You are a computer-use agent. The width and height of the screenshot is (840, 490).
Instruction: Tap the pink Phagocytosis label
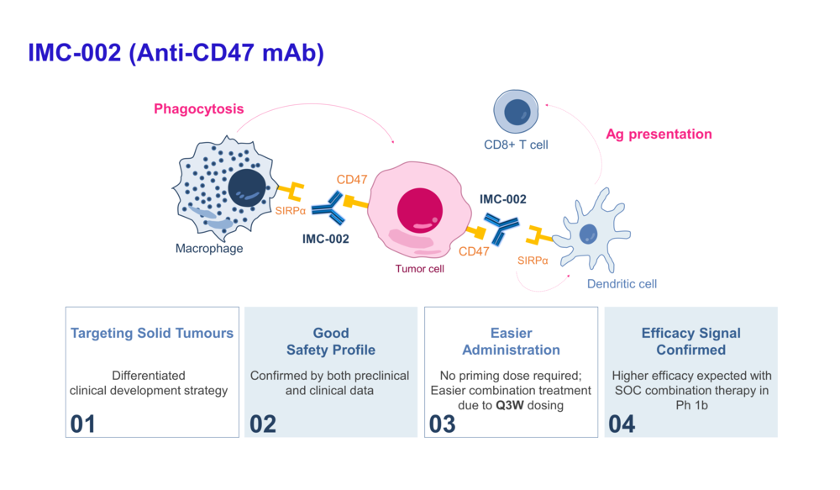(x=198, y=108)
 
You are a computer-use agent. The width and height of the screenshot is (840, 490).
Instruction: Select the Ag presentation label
(x=659, y=134)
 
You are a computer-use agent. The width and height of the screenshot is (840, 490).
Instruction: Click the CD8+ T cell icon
(x=515, y=113)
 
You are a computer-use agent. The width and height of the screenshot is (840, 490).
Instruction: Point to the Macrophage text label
(x=209, y=248)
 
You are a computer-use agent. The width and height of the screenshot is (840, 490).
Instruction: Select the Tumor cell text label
(x=419, y=269)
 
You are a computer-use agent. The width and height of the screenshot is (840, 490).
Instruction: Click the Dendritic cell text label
(x=622, y=283)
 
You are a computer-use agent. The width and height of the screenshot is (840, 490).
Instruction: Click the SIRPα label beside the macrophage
(x=291, y=210)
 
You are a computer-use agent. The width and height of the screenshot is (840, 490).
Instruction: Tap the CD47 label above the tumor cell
(x=352, y=179)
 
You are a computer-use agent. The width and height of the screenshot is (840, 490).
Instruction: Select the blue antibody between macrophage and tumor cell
(x=328, y=208)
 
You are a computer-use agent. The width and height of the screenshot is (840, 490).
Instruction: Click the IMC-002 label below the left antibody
(x=326, y=239)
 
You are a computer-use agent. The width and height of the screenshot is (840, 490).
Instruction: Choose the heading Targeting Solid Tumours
(x=152, y=333)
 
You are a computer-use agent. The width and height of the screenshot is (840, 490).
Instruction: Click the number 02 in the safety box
(x=263, y=424)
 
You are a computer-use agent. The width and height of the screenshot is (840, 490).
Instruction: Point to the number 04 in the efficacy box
(x=622, y=424)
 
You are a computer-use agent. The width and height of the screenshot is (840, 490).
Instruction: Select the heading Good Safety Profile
(x=331, y=341)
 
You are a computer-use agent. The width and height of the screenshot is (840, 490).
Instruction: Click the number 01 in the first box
(x=82, y=424)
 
